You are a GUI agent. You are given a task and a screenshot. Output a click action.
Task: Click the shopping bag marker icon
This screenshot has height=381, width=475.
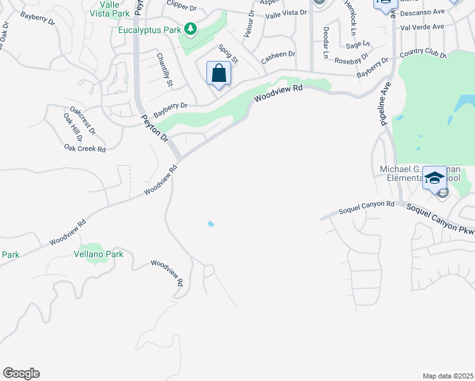coord(218,74)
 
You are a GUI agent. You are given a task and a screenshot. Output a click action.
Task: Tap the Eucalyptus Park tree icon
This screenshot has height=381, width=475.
coord(190,29)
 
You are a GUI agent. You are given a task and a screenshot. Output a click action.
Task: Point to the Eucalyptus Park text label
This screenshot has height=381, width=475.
coord(149,29)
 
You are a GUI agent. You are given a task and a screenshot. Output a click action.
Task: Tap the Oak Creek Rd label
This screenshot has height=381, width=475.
coord(84,149)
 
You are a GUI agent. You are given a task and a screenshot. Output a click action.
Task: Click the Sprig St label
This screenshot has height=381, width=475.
coord(228,53)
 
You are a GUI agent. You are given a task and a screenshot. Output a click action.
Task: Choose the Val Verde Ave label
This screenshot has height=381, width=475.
coord(422,27)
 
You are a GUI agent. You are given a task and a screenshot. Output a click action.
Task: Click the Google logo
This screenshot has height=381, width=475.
coord(21,373)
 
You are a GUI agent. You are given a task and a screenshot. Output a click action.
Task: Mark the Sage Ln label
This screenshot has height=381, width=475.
coord(358,44)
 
